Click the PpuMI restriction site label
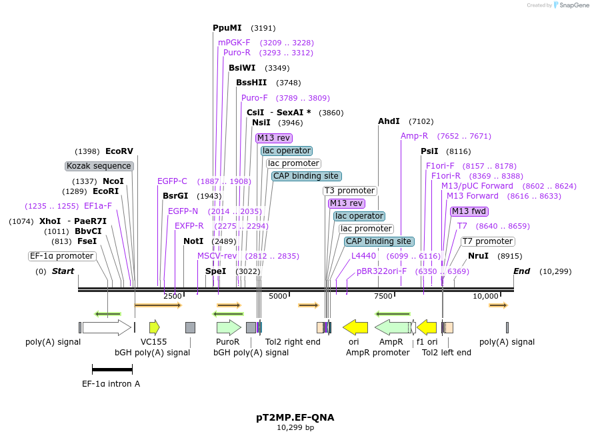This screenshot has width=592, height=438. click(x=227, y=28)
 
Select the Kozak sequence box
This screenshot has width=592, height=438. click(x=99, y=166)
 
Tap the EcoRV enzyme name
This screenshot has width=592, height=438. click(x=119, y=151)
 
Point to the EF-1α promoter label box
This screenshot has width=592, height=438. click(x=62, y=256)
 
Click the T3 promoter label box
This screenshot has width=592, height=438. click(x=350, y=191)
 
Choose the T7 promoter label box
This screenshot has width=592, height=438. click(x=487, y=241)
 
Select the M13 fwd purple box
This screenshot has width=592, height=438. click(x=469, y=211)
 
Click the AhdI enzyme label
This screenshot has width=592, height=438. click(x=389, y=121)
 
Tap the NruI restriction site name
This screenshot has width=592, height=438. click(x=478, y=256)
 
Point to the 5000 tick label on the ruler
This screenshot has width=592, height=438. click(x=278, y=296)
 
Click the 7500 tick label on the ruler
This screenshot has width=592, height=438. click(x=383, y=296)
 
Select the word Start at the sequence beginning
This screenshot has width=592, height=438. click(x=63, y=271)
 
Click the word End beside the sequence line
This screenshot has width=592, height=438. click(x=521, y=271)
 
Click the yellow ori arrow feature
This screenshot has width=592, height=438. click(x=355, y=327)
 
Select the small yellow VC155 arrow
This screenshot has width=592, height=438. click(x=155, y=327)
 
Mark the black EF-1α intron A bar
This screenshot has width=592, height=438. click(x=112, y=369)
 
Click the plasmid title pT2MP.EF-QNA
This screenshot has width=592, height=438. click(x=295, y=418)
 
